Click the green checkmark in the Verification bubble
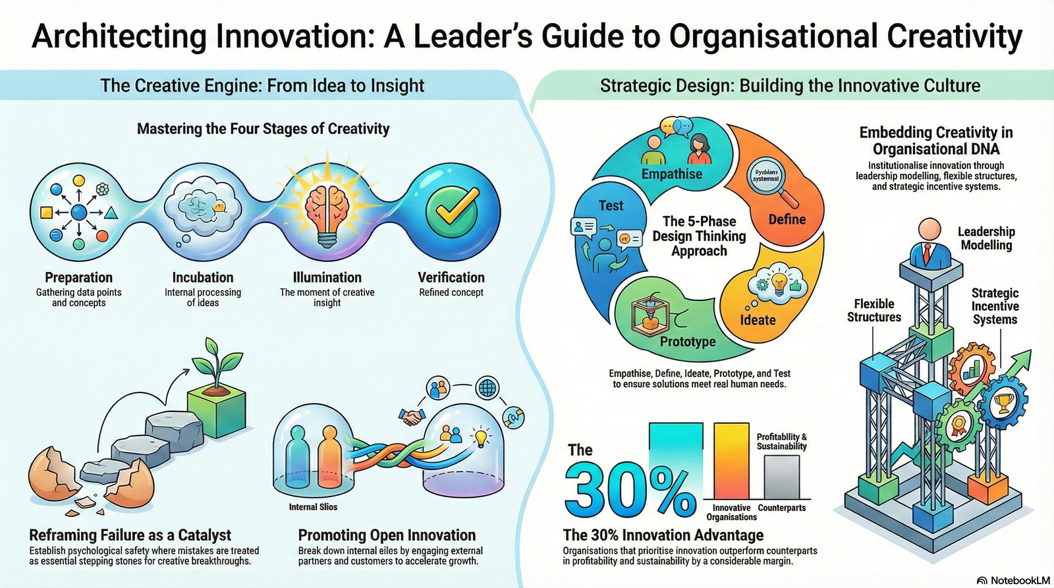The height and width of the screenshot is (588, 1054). coord(452,212)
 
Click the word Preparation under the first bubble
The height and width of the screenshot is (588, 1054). coord(78,277)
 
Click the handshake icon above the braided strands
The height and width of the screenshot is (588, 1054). coord(412,417)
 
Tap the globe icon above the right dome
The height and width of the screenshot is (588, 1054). coord(487,387)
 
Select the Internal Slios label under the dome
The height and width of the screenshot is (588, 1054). coord(313,507)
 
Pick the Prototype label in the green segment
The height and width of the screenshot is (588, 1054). coord(688,341)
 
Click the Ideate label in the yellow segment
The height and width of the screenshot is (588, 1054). coord(758,320)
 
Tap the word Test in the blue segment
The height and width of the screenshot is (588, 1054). coord(611,205)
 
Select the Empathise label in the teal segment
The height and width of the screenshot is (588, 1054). coord(671,174)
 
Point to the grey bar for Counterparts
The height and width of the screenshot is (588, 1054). coord(782,477)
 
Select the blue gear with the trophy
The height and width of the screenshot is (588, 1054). coord(1003,401)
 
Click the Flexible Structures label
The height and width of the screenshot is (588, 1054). coord(874,310)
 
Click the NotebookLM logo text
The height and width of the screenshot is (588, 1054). coord(1017,580)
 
